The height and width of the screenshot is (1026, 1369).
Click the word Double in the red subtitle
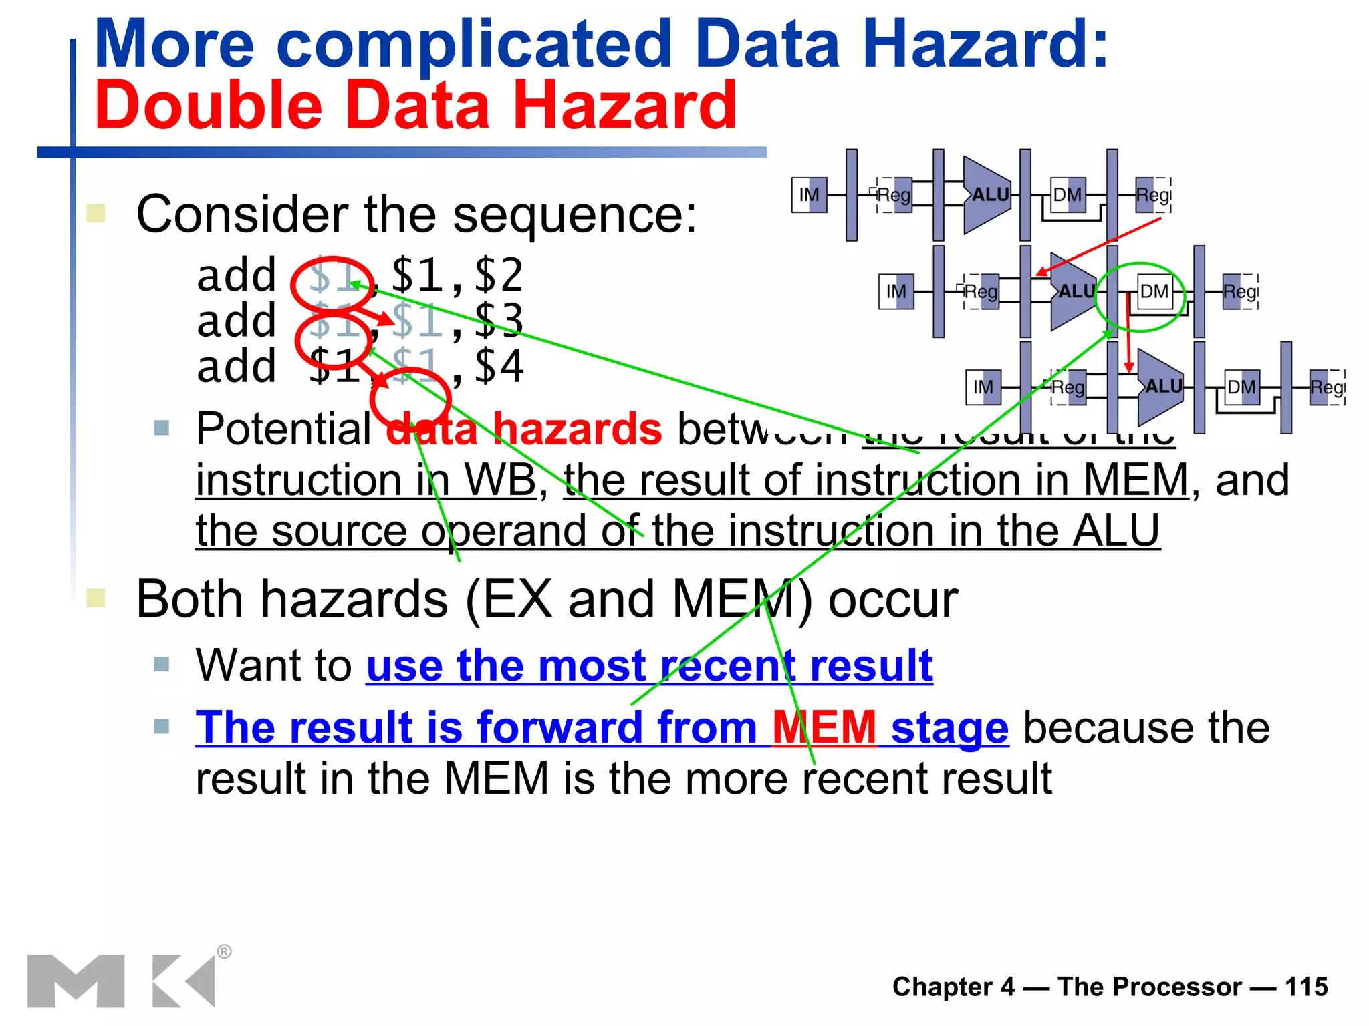coord(208,106)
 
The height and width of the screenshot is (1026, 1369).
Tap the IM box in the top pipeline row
coord(809,195)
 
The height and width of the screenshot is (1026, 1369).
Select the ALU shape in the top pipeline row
coord(987,195)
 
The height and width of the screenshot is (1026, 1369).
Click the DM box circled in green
coord(1154,292)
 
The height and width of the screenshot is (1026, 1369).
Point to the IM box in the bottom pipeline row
coord(983,387)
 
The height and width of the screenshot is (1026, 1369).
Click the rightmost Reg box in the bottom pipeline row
coord(1327,387)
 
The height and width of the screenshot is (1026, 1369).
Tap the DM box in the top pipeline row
coord(1068,195)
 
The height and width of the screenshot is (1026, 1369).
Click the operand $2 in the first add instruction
coord(498,275)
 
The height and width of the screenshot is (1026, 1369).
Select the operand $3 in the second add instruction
coord(498,321)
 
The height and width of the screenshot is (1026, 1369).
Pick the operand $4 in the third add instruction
coord(498,366)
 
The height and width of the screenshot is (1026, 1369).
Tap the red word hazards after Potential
coord(577,429)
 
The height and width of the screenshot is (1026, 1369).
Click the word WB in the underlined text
coord(500,480)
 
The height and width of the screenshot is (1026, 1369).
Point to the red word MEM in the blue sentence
coord(824,727)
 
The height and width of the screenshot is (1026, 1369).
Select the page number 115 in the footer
coord(1306,987)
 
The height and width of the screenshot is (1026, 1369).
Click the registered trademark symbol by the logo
coord(225,951)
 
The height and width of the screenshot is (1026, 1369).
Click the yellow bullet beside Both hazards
coord(96,598)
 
